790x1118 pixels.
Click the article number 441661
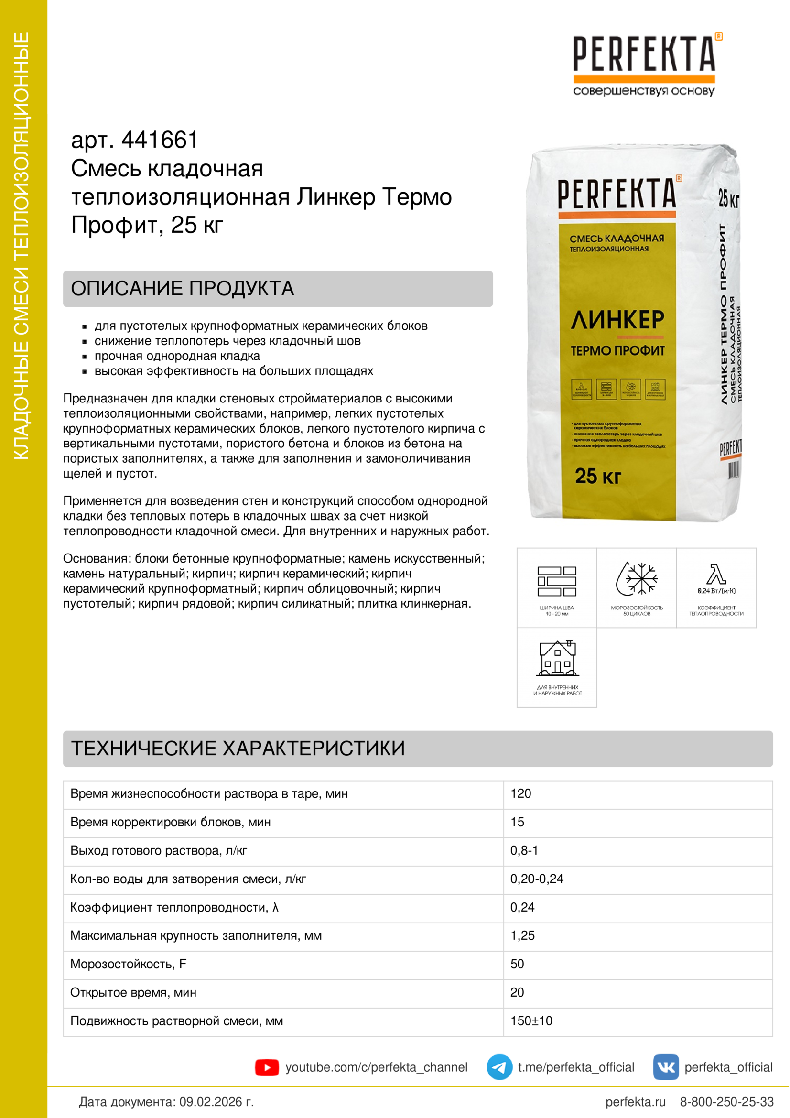click(x=160, y=140)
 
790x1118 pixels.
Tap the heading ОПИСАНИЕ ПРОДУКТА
click(x=183, y=289)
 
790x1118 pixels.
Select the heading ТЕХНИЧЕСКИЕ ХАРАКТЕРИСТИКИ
click(x=238, y=749)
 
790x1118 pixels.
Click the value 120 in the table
click(x=520, y=794)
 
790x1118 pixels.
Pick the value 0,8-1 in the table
click(x=524, y=851)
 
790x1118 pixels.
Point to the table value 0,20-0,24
click(x=536, y=879)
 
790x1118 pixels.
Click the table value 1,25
click(x=522, y=936)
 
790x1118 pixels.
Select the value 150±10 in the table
click(x=531, y=1021)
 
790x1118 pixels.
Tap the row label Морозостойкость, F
click(x=129, y=964)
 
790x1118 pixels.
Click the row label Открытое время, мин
click(x=133, y=992)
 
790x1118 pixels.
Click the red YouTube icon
click(x=267, y=1068)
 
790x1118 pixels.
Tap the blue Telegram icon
click(x=499, y=1068)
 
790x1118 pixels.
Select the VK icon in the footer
click(x=665, y=1068)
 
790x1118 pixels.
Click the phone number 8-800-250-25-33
click(x=726, y=1102)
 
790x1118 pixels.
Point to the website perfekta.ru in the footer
click(x=635, y=1102)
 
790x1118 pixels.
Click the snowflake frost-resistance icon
click(x=637, y=579)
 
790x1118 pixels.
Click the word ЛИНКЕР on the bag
click(x=617, y=320)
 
